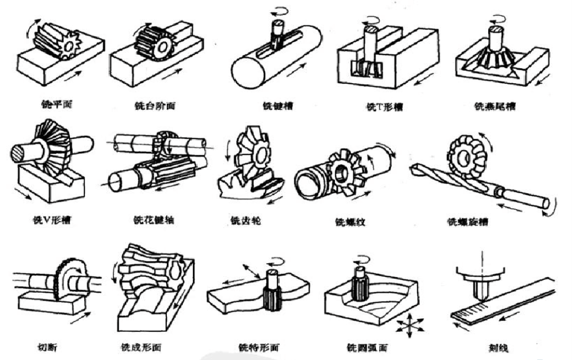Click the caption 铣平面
click(x=57, y=104)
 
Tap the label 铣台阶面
click(x=154, y=106)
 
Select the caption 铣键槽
click(x=278, y=106)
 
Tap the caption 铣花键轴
click(x=154, y=219)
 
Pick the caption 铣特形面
click(x=259, y=348)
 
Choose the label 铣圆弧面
click(x=367, y=348)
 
